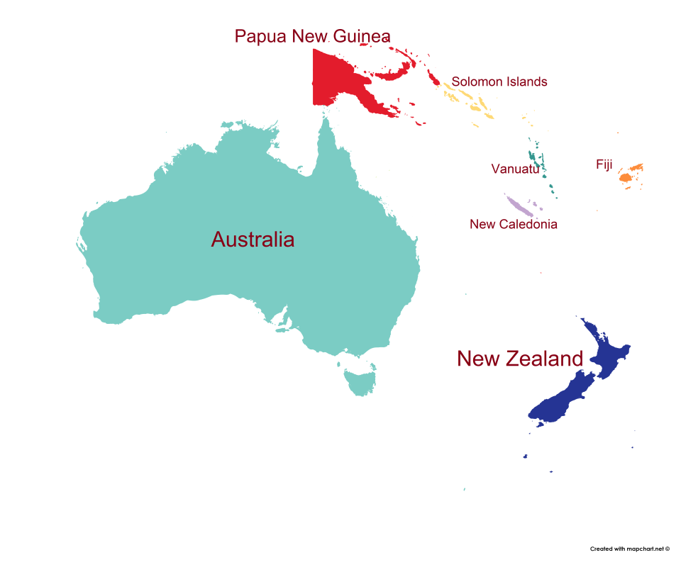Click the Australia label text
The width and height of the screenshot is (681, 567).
pos(253,240)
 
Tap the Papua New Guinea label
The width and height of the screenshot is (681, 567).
pos(312,36)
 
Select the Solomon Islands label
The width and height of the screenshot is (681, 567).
pos(499,82)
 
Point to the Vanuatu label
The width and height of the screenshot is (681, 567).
pos(515,169)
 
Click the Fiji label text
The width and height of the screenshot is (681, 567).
pos(604,164)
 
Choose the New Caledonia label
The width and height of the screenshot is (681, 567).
pos(514,224)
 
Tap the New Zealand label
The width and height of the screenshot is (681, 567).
pos(520,359)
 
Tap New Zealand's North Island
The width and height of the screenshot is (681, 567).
pos(610,354)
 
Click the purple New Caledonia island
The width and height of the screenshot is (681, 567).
pos(519,207)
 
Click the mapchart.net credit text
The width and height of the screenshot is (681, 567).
pos(629,549)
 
